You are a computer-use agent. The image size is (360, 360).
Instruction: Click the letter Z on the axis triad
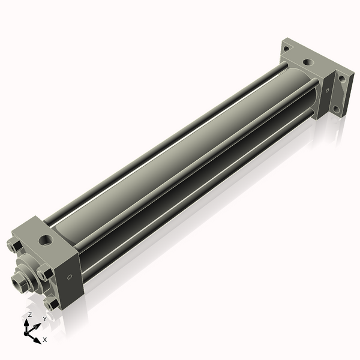point(30,314)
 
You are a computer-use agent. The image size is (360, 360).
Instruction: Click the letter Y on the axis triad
point(44,319)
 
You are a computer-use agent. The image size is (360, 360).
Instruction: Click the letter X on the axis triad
point(44,340)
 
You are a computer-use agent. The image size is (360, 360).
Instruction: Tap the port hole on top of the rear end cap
point(308,61)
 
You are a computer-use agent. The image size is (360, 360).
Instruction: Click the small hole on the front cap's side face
point(70,277)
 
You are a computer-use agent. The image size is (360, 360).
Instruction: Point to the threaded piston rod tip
point(18,281)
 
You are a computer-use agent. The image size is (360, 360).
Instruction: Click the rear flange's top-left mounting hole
point(287,48)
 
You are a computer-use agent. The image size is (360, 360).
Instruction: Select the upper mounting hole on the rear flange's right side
point(341,78)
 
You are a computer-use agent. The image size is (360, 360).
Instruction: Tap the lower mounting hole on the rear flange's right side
point(337,109)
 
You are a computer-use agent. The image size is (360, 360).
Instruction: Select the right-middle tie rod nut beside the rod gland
point(43,275)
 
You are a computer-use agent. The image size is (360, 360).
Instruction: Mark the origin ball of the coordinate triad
point(28,331)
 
